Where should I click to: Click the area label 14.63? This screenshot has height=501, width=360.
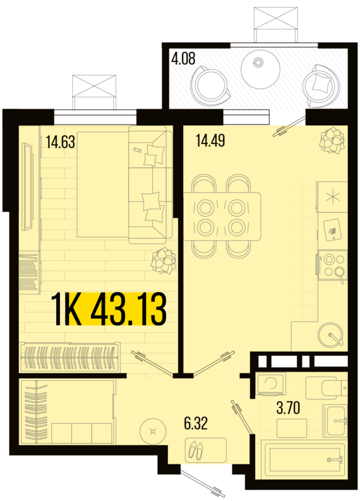[60, 142]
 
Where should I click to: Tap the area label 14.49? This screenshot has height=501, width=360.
[210, 140]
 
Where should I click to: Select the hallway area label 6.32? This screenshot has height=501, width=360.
[196, 422]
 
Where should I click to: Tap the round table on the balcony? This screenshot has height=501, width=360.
[260, 68]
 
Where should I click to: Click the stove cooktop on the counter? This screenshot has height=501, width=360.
[332, 265]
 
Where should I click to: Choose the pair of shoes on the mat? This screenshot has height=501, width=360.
[196, 450]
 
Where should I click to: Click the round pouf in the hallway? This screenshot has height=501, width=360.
[152, 432]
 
